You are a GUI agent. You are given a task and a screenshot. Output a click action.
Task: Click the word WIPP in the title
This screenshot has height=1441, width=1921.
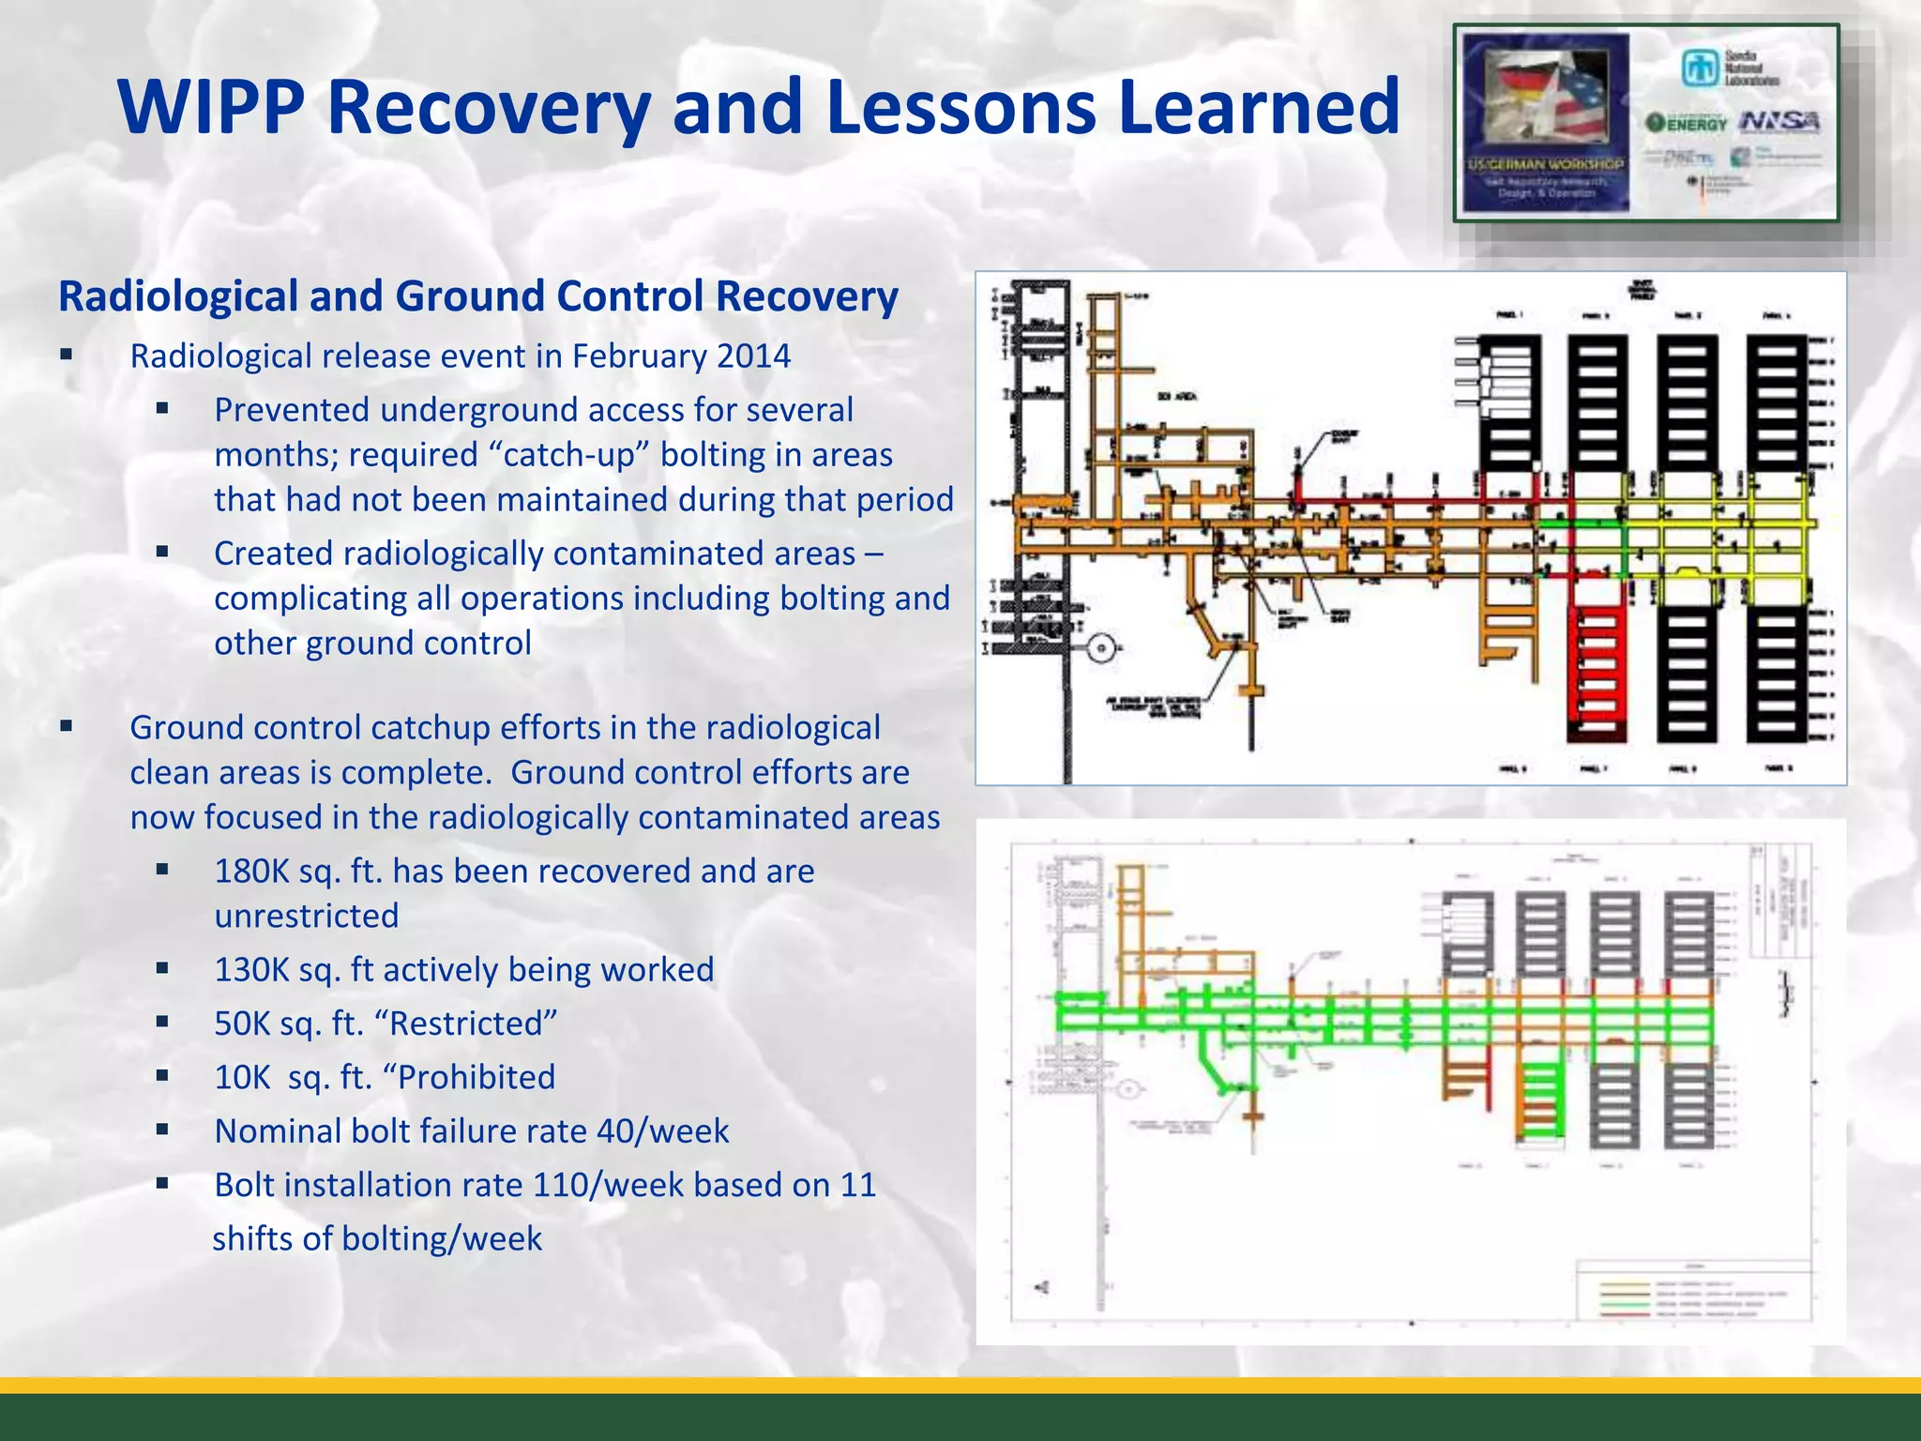click(x=210, y=107)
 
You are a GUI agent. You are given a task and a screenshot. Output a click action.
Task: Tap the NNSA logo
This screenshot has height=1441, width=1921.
click(x=1779, y=122)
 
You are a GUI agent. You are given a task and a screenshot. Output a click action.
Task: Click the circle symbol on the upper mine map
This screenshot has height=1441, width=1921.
click(x=1102, y=647)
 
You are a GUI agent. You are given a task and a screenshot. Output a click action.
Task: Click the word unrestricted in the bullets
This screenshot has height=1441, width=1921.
click(x=307, y=916)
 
